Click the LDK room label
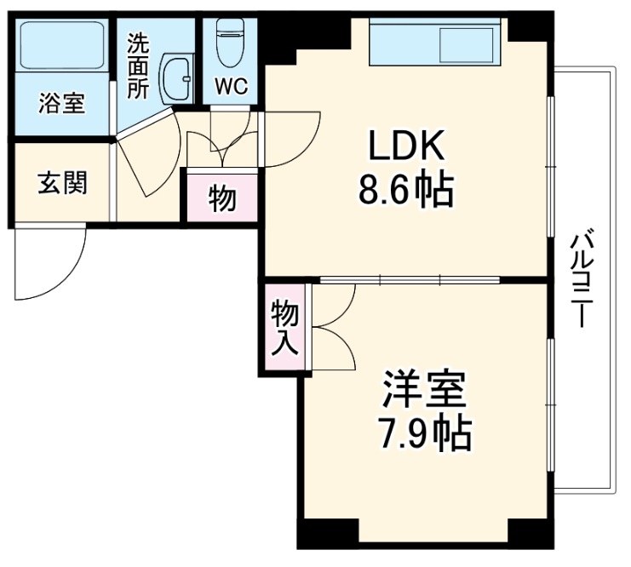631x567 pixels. click(x=405, y=147)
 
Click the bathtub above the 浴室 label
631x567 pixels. click(x=60, y=48)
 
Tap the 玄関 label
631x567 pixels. click(x=61, y=182)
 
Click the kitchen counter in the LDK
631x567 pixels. click(x=433, y=43)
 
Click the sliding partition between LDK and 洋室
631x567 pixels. click(x=409, y=279)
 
